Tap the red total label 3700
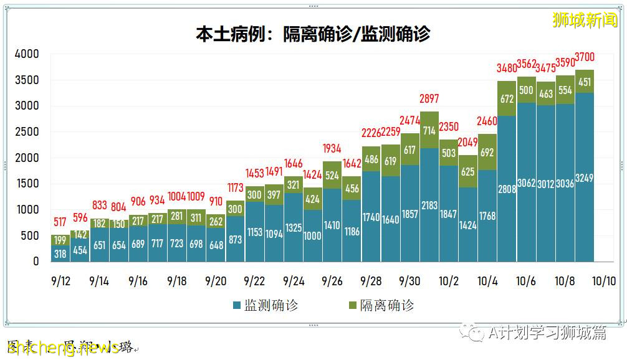584,57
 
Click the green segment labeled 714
429,130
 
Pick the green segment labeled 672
506,98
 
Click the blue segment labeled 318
60,253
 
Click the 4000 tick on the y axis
27,54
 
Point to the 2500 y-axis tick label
27,132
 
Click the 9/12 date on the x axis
60,281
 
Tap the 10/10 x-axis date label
603,281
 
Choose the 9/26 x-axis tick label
332,281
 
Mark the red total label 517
60,222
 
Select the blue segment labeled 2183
429,205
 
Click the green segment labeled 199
60,240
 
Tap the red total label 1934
332,148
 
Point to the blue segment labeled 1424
467,225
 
